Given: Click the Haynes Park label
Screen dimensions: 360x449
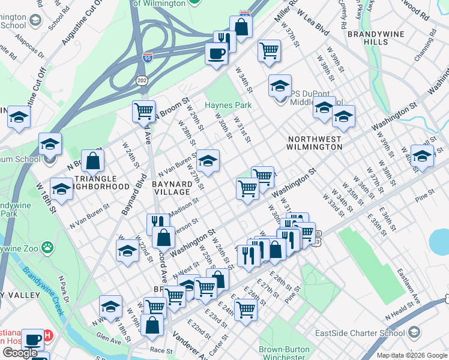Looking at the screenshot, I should [x=228, y=105].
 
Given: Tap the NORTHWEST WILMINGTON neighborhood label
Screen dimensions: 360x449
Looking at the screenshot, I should [x=315, y=143].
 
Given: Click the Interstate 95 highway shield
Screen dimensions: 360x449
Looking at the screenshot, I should [x=148, y=58].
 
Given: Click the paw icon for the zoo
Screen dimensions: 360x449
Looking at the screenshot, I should [x=47, y=247].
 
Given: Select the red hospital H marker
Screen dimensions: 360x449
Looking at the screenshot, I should [x=47, y=334].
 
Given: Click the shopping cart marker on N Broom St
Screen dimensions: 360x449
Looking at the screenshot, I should [x=144, y=111].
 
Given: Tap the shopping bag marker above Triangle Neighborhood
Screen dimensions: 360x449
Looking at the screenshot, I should [x=93, y=161].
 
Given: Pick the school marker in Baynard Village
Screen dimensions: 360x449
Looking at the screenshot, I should [x=208, y=161].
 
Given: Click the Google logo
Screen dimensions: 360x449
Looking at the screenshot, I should [x=20, y=353].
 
